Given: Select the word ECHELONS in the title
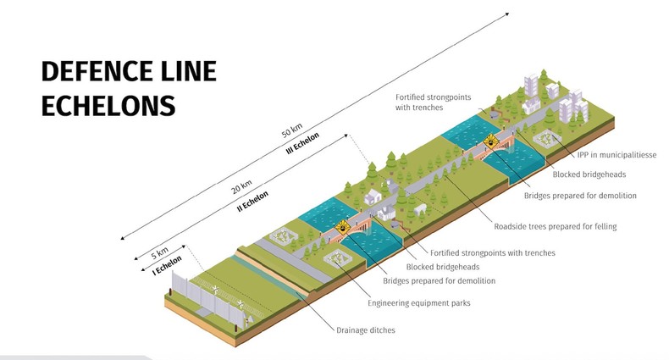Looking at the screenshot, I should click(x=108, y=106).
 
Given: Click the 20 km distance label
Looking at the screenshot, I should click(x=244, y=185).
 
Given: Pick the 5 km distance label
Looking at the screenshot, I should click(x=158, y=252).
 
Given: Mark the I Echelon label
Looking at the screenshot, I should click(x=168, y=267).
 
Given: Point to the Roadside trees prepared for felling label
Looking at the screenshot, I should click(x=556, y=226).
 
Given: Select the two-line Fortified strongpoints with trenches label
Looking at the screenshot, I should click(x=433, y=102).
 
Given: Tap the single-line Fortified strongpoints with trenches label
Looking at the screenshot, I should click(x=493, y=252).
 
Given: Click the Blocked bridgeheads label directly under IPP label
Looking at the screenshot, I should click(x=589, y=175).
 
